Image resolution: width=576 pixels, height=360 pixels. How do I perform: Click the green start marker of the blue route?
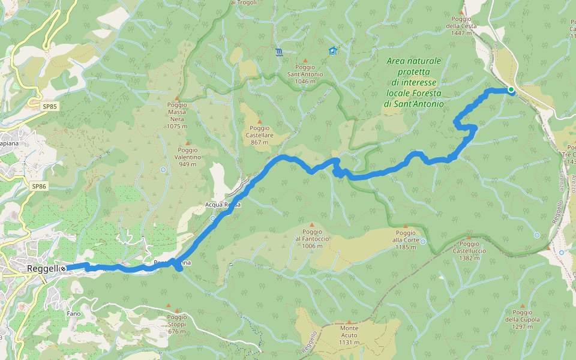pos(511,90)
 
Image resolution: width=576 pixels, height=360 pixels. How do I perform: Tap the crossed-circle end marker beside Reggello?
pos(62,269)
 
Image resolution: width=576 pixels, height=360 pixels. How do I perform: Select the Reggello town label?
pos(42,269)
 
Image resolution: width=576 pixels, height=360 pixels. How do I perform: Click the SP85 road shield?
pos(50,106)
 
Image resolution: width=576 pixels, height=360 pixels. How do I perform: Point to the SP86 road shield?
pos(39,187)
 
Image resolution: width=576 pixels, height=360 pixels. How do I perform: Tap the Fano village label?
pos(74,314)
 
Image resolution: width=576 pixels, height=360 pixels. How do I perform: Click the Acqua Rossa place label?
pos(223,205)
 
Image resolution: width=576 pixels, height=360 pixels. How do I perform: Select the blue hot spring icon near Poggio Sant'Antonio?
pos(278,52)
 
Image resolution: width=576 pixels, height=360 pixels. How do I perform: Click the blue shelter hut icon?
pos(333,51)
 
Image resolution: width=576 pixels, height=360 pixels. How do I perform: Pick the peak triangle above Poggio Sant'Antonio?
pos(305,61)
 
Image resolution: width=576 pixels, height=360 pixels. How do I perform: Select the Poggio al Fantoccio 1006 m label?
pos(312,239)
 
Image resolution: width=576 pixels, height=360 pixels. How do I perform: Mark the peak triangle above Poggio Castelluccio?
pos(469,237)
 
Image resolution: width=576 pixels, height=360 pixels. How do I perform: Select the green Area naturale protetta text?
pos(413,82)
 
